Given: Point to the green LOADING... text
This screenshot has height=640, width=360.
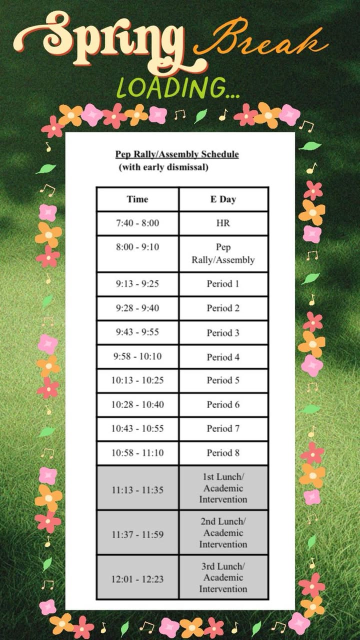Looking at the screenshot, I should pos(177,87).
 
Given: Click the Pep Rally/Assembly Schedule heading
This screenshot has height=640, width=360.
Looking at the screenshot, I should pos(177,154).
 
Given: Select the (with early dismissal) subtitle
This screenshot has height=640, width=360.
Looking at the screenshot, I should pos(163,167).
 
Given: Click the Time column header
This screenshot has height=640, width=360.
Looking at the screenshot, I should pos(137,199).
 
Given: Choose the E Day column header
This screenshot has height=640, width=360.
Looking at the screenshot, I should pos(223,199).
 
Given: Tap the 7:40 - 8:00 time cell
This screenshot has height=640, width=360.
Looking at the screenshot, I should pos(137,223).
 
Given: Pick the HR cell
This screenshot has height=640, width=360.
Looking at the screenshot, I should pos(223,223).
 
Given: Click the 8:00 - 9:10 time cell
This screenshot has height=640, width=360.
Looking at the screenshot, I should pos(137,247).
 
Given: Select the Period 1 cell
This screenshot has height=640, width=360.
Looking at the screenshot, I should pos(223,284).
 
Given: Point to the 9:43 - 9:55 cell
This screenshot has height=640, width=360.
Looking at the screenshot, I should pos(137,332).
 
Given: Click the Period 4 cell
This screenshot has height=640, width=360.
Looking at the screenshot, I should pos(223,357).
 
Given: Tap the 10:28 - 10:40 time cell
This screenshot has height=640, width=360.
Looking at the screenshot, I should pos(137,405).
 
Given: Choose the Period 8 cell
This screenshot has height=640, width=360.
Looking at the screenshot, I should pos(223,453).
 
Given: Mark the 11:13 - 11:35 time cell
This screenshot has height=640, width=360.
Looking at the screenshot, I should pos(137,490).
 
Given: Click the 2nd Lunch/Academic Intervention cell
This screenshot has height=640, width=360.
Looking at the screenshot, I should pos(223,532).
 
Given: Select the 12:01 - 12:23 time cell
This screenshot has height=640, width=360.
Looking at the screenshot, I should pos(137,579).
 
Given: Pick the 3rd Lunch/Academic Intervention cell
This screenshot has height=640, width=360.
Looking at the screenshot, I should pos(223,577).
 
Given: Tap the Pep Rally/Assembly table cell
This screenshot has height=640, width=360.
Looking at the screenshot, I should pos(223,253).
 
